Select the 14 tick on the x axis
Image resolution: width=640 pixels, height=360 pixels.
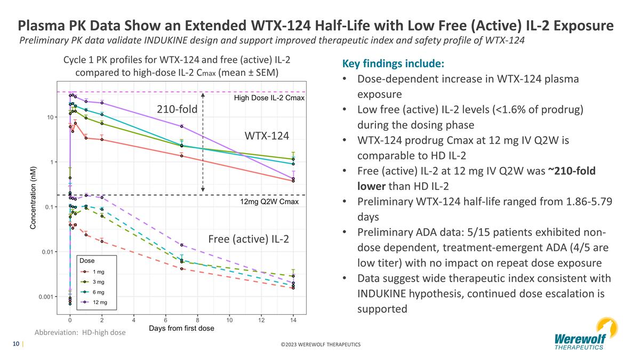pyautogui.click(x=293, y=321)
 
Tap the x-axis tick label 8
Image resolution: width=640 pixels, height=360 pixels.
pyautogui.click(x=197, y=321)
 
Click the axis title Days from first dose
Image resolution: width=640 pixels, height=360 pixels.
pyautogui.click(x=181, y=329)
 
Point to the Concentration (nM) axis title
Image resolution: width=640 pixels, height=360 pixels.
pyautogui.click(x=33, y=197)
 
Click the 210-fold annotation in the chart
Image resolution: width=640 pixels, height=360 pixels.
pyautogui.click(x=177, y=109)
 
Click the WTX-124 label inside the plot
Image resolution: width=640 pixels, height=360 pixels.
pyautogui.click(x=267, y=136)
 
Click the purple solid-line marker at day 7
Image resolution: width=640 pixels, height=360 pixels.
pyautogui.click(x=182, y=126)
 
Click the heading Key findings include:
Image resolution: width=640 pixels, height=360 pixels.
pyautogui.click(x=393, y=64)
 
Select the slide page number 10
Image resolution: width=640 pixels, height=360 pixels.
pyautogui.click(x=17, y=344)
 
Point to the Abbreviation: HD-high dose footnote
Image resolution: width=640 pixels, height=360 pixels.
pyautogui.click(x=80, y=332)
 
